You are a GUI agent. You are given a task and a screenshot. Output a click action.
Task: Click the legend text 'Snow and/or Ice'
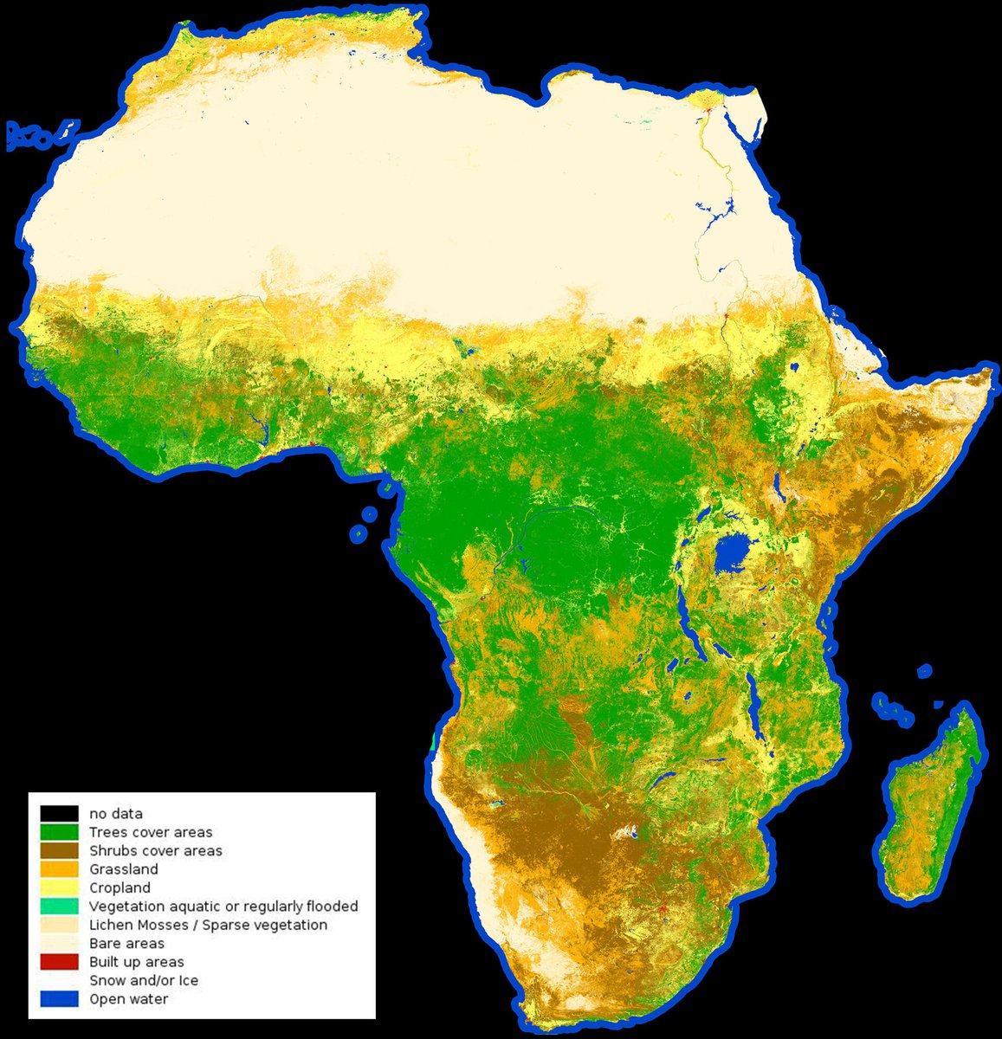click(x=144, y=981)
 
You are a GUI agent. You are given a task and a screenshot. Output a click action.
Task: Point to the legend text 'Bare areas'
click(x=126, y=944)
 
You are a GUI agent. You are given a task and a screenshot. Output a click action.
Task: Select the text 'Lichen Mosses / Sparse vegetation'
click(x=208, y=926)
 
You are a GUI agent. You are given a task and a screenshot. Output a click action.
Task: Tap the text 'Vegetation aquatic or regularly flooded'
click(x=223, y=907)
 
